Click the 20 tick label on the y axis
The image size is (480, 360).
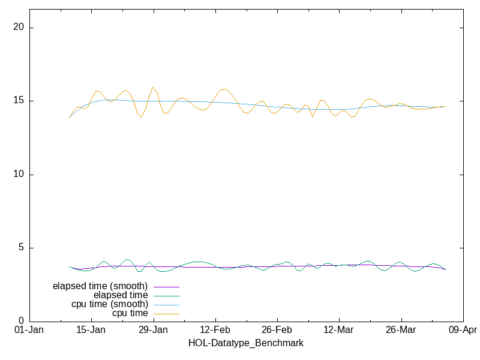coord(20,28)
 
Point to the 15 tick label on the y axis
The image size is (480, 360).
coord(20,101)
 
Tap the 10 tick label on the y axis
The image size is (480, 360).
coord(20,175)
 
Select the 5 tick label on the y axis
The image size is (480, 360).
coord(22,248)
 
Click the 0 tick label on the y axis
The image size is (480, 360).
coord(22,321)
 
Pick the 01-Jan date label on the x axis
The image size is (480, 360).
coord(29,330)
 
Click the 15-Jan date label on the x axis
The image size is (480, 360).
coord(91,330)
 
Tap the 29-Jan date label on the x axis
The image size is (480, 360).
coord(153,330)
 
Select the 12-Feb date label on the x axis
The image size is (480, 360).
coord(215,330)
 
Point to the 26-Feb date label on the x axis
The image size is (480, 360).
coord(277,330)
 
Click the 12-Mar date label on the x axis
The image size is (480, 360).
coord(338,330)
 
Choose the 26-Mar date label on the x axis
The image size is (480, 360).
coord(400,330)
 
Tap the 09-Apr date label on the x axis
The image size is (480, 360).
coord(462,330)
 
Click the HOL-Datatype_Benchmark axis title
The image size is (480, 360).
coord(246,343)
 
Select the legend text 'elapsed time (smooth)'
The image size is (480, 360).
coord(100,286)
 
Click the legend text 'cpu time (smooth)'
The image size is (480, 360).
coord(110,304)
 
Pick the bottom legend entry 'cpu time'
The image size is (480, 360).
coord(130,313)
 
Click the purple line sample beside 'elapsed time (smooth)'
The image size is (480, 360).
coord(167,287)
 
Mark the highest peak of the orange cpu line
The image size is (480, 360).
coord(153,88)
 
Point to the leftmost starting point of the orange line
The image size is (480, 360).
coord(70,118)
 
